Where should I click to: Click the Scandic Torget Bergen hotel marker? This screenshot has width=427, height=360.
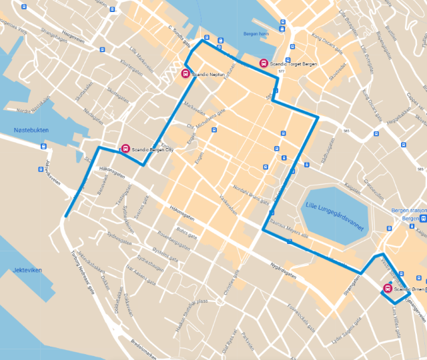(x=264, y=63)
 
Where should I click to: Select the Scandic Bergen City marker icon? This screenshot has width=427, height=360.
(x=125, y=149)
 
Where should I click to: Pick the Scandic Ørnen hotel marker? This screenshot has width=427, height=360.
(x=388, y=289)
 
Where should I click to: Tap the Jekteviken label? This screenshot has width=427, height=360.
(x=27, y=270)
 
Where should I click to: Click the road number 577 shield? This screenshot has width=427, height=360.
(x=282, y=71)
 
